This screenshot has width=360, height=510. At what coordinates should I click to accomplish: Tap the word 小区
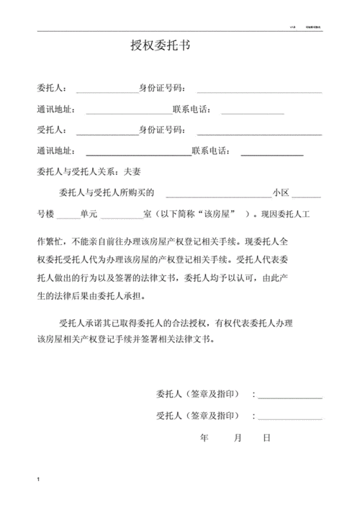[280, 193]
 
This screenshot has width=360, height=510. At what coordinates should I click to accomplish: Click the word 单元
[89, 214]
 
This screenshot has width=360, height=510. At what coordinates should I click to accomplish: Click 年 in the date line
[204, 437]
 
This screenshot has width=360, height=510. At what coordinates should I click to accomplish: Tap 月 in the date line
[238, 437]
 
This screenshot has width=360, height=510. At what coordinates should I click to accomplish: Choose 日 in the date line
[266, 437]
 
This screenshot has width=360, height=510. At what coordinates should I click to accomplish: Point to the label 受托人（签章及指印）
[198, 416]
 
